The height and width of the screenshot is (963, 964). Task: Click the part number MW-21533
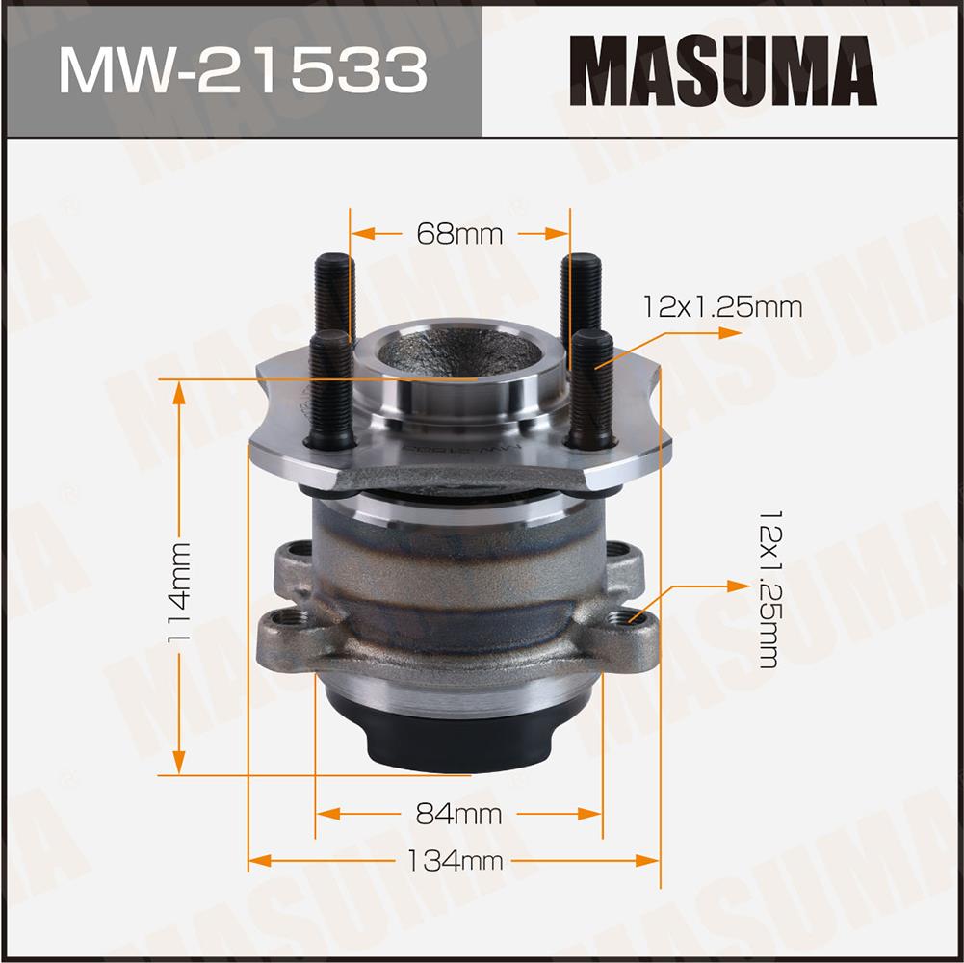tap(243, 70)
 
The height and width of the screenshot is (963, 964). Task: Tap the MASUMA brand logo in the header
tap(723, 70)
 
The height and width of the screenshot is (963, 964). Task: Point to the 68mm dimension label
tap(459, 234)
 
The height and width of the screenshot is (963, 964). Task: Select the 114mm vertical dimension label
tap(179, 591)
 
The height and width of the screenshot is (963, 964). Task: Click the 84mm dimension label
tap(458, 814)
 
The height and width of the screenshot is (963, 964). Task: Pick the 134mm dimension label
tap(455, 860)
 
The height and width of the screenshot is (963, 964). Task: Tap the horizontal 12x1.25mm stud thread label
tap(722, 307)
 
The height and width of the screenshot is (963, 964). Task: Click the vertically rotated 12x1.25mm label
tap(769, 588)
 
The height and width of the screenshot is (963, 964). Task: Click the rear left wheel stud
tap(334, 296)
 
